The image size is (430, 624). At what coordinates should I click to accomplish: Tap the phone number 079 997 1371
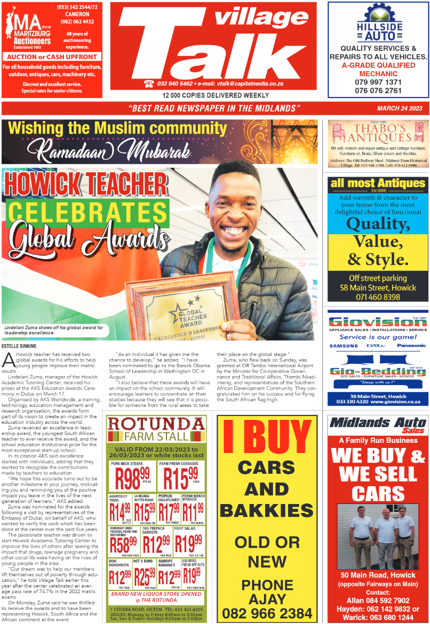click(x=378, y=82)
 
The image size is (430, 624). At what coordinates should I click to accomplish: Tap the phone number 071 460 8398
click(x=378, y=297)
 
